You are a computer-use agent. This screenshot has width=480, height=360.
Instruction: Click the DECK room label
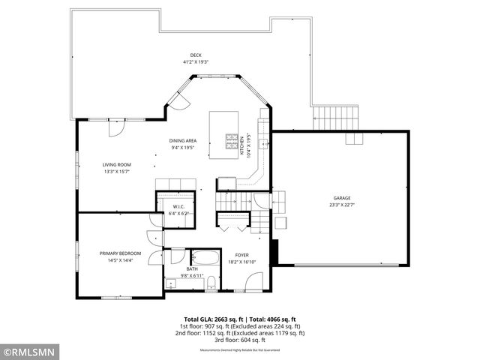(196, 55)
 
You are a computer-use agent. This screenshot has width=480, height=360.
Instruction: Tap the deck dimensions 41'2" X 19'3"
(196, 61)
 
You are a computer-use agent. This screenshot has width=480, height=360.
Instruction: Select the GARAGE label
(341, 197)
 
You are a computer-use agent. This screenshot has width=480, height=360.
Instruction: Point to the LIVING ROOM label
(117, 164)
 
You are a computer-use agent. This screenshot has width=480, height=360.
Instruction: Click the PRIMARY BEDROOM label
(120, 253)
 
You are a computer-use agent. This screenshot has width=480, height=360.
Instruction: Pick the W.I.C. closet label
(179, 206)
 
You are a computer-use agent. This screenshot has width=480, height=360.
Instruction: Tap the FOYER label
(241, 255)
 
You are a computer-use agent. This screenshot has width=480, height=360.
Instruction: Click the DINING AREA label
(183, 141)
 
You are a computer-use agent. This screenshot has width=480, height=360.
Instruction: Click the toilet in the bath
(212, 282)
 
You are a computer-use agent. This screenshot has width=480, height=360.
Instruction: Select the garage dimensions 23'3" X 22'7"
(341, 204)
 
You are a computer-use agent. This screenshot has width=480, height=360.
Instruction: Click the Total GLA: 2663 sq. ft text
(211, 319)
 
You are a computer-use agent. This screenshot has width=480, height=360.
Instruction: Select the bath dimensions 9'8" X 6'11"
(191, 275)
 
